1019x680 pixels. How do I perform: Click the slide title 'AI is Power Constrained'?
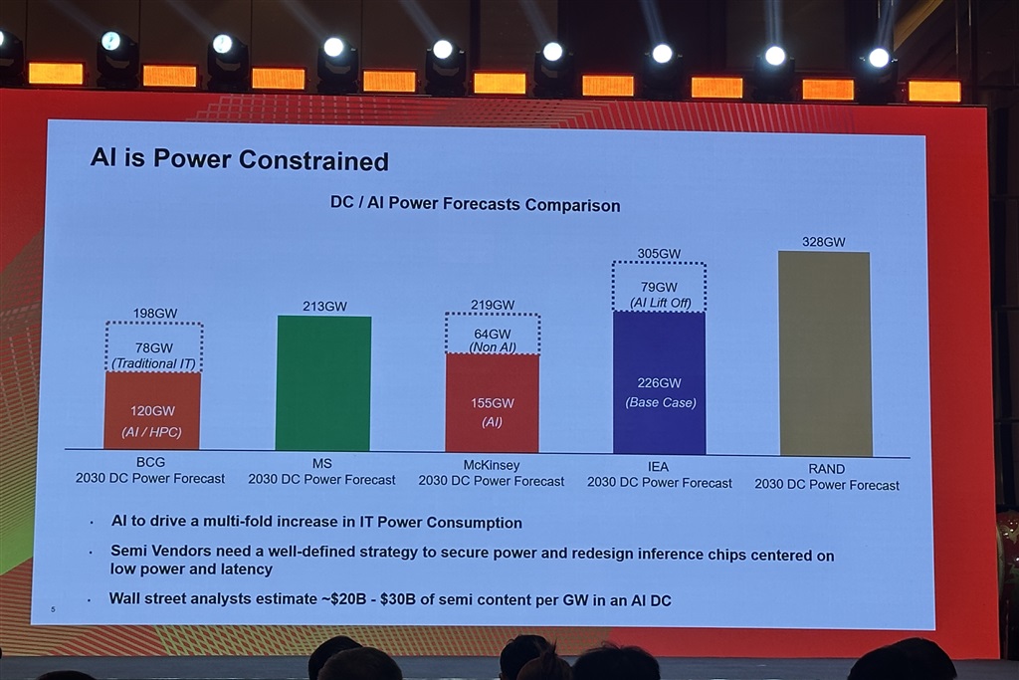coord(239,159)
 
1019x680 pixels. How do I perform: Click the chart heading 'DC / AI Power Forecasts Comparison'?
coord(475,205)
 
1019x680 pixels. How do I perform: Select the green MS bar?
coord(323,383)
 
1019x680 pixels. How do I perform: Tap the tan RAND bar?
coord(825,353)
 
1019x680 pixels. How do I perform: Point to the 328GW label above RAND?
coord(823,242)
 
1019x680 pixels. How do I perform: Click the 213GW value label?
coord(324,306)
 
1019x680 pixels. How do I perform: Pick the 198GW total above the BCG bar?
coord(154,314)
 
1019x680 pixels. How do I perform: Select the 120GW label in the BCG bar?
coord(152,410)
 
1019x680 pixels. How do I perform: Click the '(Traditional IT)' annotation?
coord(153,363)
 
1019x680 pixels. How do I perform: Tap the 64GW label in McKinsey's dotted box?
coord(492,334)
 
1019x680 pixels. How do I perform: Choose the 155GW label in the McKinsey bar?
coord(492,403)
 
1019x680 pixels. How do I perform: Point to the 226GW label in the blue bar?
coord(660,383)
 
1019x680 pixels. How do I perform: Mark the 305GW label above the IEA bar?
coord(658,254)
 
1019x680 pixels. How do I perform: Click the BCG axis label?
coord(150,464)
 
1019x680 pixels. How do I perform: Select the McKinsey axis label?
coord(491,465)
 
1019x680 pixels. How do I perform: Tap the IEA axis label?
coord(659,467)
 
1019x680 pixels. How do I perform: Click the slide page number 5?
coord(52,608)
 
